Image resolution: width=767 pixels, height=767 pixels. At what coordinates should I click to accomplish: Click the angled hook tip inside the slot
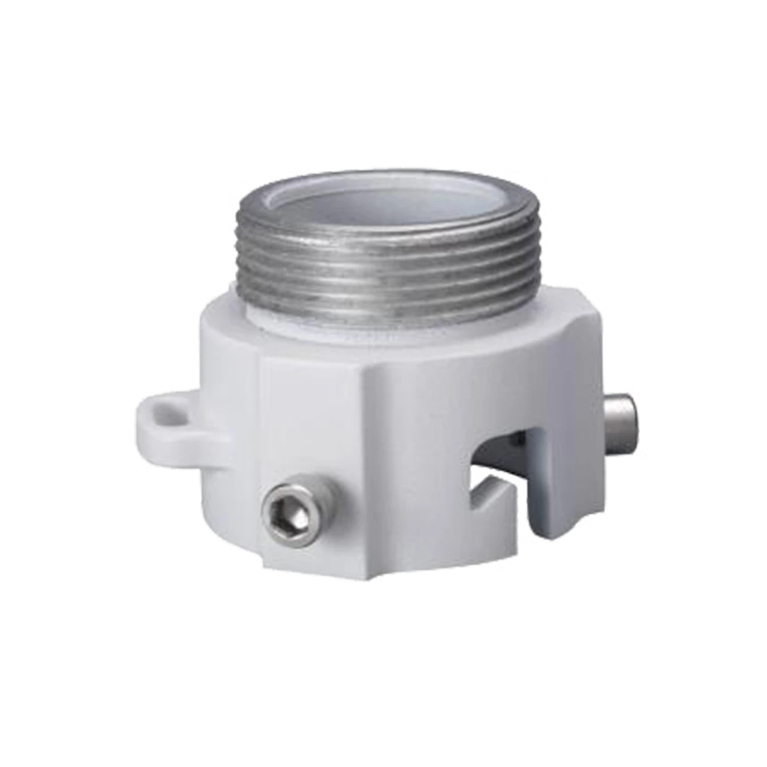[x=491, y=494]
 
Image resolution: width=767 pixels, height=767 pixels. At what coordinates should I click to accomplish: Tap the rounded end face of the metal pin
[x=639, y=423]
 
